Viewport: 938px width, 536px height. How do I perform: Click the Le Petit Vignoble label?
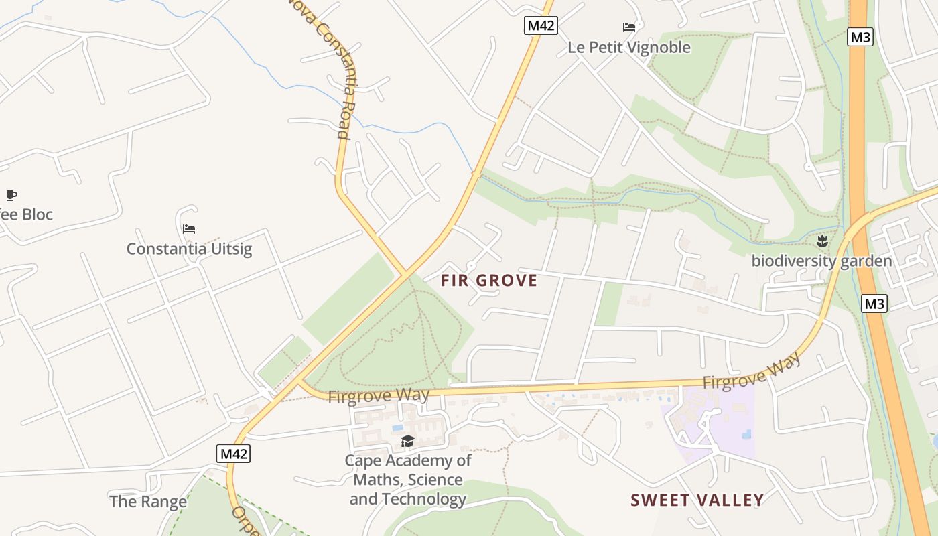[628, 47]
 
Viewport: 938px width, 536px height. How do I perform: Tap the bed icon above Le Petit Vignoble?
[629, 27]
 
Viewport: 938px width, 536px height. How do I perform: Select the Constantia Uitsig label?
[189, 249]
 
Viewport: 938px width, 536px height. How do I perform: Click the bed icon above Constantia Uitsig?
[189, 229]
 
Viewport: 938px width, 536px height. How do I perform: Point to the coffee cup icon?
[11, 195]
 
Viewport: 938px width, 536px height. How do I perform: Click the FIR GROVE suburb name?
[489, 281]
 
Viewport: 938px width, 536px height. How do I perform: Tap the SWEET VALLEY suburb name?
[697, 500]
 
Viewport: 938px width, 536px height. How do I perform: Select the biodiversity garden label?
[821, 261]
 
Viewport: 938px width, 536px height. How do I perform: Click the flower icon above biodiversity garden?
[822, 241]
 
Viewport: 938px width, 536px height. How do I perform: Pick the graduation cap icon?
[407, 441]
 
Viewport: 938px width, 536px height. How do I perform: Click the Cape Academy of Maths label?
[407, 480]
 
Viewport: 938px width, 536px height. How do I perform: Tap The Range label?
[147, 501]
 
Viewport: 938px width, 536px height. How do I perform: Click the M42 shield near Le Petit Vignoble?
[541, 25]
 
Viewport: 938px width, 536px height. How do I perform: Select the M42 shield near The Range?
[234, 454]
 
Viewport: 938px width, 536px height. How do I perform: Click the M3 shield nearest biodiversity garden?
[874, 304]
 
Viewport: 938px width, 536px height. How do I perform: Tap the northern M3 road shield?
[860, 37]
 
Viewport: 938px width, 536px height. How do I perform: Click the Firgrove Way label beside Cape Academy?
[379, 395]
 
